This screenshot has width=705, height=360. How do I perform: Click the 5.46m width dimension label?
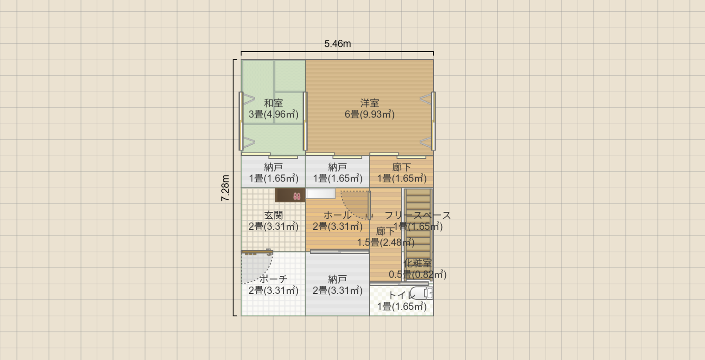click(x=338, y=44)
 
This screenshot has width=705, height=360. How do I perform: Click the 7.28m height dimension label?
click(x=225, y=188)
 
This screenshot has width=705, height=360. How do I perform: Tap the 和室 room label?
click(x=273, y=103)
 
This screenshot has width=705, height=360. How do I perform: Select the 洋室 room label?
click(x=370, y=103)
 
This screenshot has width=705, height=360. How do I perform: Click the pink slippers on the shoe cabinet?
click(x=297, y=196)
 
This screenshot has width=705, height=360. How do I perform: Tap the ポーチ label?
click(x=273, y=279)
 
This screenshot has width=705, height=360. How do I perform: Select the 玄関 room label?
click(x=273, y=215)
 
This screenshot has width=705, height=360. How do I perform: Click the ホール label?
click(x=337, y=215)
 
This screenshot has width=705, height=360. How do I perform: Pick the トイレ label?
click(x=402, y=295)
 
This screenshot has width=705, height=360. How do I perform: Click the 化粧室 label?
click(x=417, y=263)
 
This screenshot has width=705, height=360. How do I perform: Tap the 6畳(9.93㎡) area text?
click(x=370, y=114)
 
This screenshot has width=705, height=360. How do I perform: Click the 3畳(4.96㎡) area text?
click(x=273, y=114)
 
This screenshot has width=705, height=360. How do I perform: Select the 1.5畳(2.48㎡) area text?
click(x=386, y=243)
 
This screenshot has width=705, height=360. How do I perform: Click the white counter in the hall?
click(x=321, y=194)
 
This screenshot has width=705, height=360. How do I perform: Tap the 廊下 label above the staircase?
click(x=402, y=167)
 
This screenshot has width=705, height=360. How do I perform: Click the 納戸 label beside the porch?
click(x=337, y=279)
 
